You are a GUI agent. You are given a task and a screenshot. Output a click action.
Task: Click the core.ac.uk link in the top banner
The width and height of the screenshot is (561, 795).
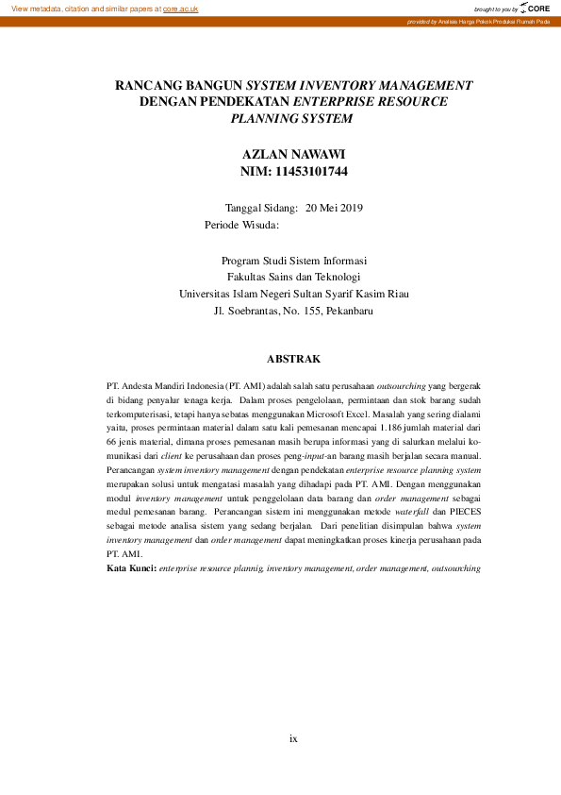(x=180, y=8)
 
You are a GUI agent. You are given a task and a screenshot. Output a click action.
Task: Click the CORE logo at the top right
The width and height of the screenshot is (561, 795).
(x=535, y=8)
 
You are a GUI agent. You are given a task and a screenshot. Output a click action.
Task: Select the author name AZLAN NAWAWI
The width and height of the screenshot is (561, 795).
(x=293, y=154)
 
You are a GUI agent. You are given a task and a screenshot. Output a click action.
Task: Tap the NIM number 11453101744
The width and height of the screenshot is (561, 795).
(x=312, y=171)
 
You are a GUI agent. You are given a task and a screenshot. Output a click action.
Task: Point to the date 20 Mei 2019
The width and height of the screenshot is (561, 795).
(x=334, y=208)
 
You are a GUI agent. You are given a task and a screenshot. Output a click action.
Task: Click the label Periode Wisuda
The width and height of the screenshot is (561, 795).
(x=241, y=225)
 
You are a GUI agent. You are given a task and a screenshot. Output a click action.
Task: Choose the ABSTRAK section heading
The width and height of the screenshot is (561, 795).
(x=293, y=359)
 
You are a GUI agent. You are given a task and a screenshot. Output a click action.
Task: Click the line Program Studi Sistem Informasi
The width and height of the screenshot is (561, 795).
(x=293, y=261)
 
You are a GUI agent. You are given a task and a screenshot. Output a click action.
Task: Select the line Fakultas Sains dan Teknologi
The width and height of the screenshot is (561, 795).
(x=293, y=277)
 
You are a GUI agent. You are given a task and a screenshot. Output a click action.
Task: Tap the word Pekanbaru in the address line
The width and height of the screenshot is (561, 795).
(x=349, y=310)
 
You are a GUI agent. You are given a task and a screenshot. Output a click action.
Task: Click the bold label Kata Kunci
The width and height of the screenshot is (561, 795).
(x=131, y=569)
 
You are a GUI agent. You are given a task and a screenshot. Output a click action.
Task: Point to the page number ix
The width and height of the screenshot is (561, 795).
(x=293, y=738)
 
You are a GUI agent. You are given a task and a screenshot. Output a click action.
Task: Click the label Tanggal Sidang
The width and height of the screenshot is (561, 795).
(x=261, y=208)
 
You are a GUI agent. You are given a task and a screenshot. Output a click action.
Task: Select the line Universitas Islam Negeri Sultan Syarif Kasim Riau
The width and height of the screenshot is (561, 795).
(x=293, y=294)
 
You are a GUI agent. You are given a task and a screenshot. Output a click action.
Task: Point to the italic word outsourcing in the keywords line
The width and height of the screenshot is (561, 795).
(x=454, y=569)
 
